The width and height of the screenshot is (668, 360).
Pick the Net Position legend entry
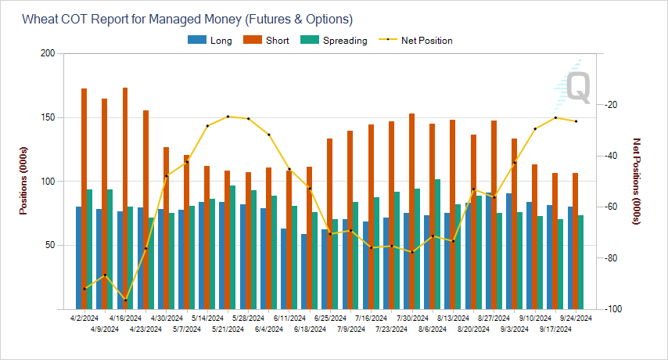click(426, 41)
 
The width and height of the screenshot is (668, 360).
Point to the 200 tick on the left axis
click(48, 54)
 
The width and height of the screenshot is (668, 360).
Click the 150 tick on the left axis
click(48, 117)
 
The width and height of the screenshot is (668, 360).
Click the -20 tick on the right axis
click(612, 105)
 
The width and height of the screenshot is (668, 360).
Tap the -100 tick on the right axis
click(614, 309)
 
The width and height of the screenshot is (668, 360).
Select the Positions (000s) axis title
click(26, 181)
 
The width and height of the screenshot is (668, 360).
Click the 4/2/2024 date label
click(84, 319)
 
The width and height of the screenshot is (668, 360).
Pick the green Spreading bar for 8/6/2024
click(437, 243)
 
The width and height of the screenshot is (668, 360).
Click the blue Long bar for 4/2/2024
click(78, 258)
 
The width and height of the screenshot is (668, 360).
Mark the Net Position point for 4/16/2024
click(125, 301)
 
